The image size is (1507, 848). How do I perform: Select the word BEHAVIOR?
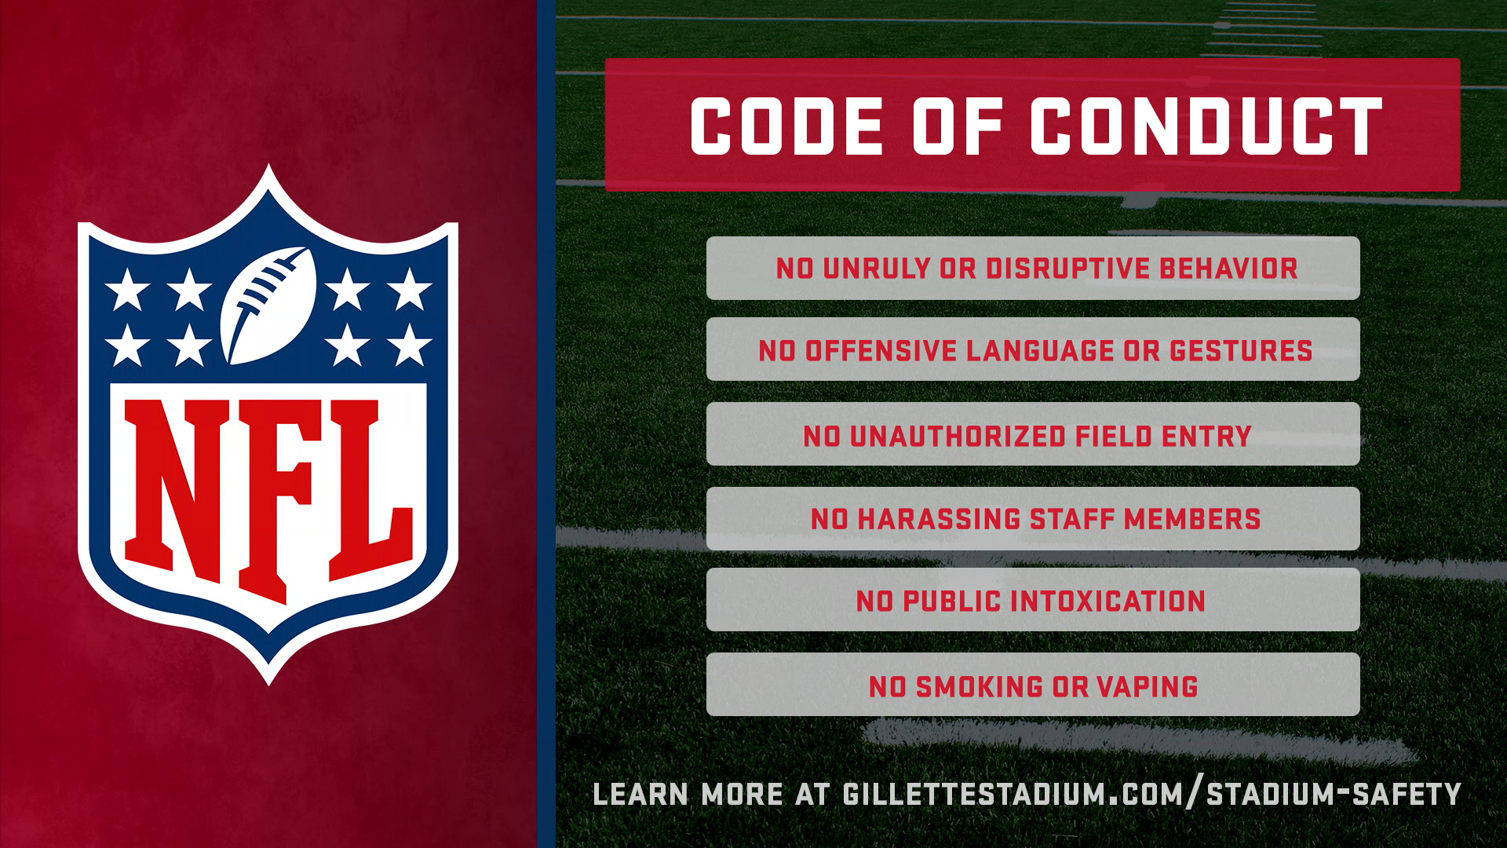(1228, 269)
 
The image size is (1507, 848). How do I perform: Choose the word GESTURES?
(1241, 350)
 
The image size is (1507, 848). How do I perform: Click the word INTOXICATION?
(1107, 601)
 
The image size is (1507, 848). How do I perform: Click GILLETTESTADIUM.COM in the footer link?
(1016, 794)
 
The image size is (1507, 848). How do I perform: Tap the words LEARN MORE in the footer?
(688, 794)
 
